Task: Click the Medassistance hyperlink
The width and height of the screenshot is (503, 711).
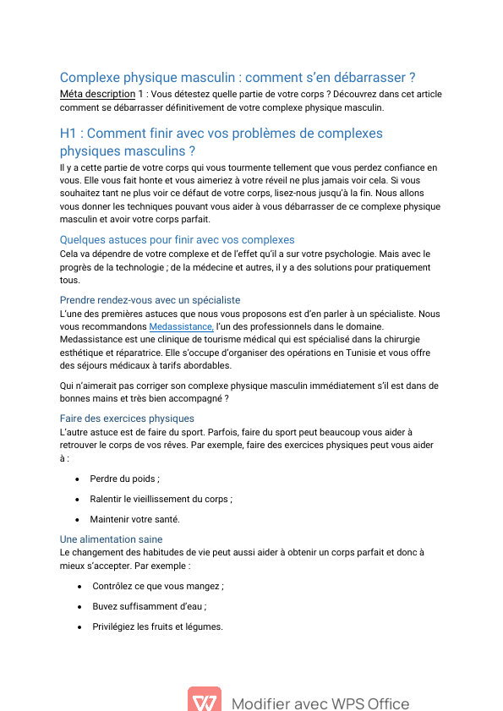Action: (181, 327)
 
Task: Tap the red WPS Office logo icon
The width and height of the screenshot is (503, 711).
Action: (205, 701)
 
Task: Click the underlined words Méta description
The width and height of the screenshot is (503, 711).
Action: (97, 94)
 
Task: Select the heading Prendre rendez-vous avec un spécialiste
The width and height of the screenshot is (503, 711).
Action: (150, 299)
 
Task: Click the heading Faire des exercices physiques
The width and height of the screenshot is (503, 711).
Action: (127, 418)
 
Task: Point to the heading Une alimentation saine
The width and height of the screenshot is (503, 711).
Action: (111, 539)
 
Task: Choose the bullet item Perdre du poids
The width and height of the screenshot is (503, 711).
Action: (124, 479)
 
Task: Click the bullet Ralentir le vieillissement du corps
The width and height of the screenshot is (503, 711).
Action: (161, 499)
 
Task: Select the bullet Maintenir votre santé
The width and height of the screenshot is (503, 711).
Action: (134, 519)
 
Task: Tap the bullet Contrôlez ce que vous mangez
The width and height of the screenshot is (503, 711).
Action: (158, 586)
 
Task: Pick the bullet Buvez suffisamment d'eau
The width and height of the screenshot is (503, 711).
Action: (150, 606)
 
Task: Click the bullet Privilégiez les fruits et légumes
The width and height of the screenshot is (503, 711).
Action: (158, 626)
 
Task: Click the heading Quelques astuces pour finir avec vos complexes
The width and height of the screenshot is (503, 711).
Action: (177, 240)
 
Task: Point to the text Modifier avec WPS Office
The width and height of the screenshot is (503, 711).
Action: (320, 703)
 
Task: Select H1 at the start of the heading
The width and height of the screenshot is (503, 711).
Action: (68, 134)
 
